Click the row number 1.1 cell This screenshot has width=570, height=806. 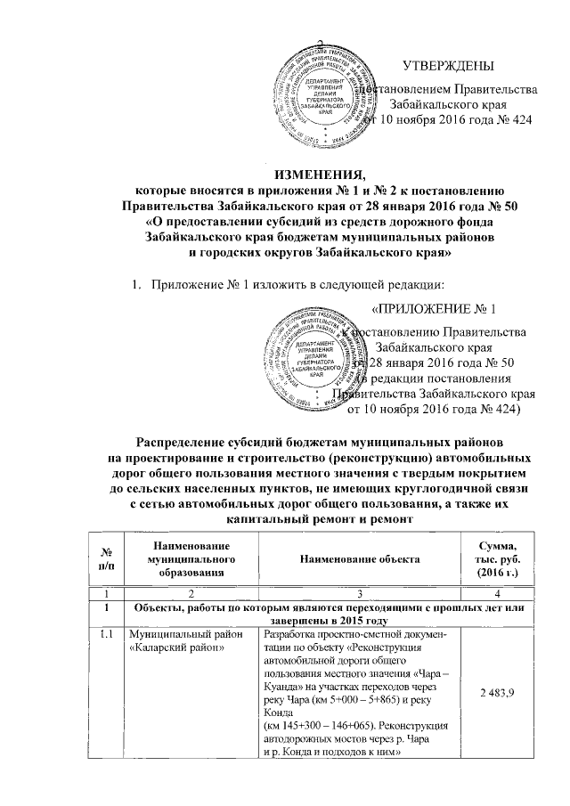click(x=108, y=634)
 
